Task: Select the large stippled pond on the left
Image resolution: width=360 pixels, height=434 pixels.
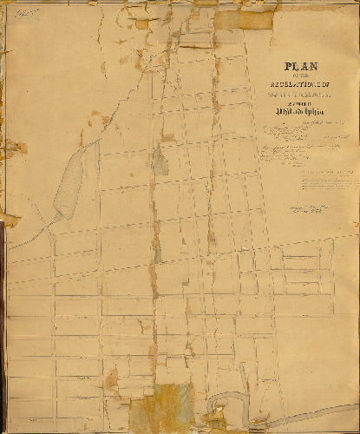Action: coord(69,182)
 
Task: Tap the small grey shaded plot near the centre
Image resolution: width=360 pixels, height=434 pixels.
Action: coord(160,161)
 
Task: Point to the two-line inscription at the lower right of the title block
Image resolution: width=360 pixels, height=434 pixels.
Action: coord(313,211)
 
